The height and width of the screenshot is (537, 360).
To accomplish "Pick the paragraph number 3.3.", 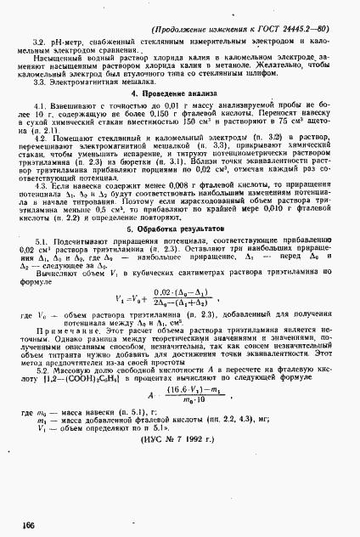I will coord(38,80).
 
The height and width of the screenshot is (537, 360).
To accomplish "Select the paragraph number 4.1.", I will coord(38,104).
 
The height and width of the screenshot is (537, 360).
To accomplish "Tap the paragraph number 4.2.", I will coord(38,135).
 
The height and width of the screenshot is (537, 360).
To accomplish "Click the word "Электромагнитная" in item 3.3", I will coord(80,80).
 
